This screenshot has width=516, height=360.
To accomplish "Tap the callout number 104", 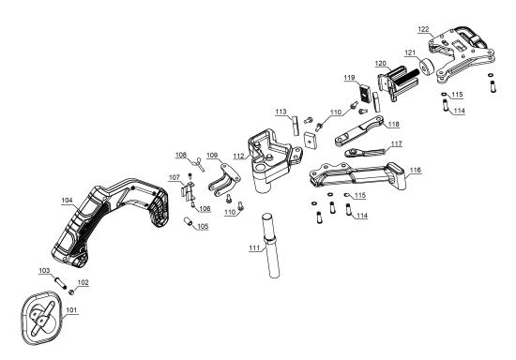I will click(x=67, y=201).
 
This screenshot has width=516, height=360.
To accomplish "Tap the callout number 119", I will click(x=349, y=78).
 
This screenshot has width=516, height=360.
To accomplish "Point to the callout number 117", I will click(x=398, y=143).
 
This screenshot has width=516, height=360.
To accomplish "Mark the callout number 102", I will click(x=83, y=281).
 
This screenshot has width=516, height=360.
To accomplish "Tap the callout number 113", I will click(x=281, y=112).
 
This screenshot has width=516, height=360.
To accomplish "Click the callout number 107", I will click(x=175, y=176).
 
